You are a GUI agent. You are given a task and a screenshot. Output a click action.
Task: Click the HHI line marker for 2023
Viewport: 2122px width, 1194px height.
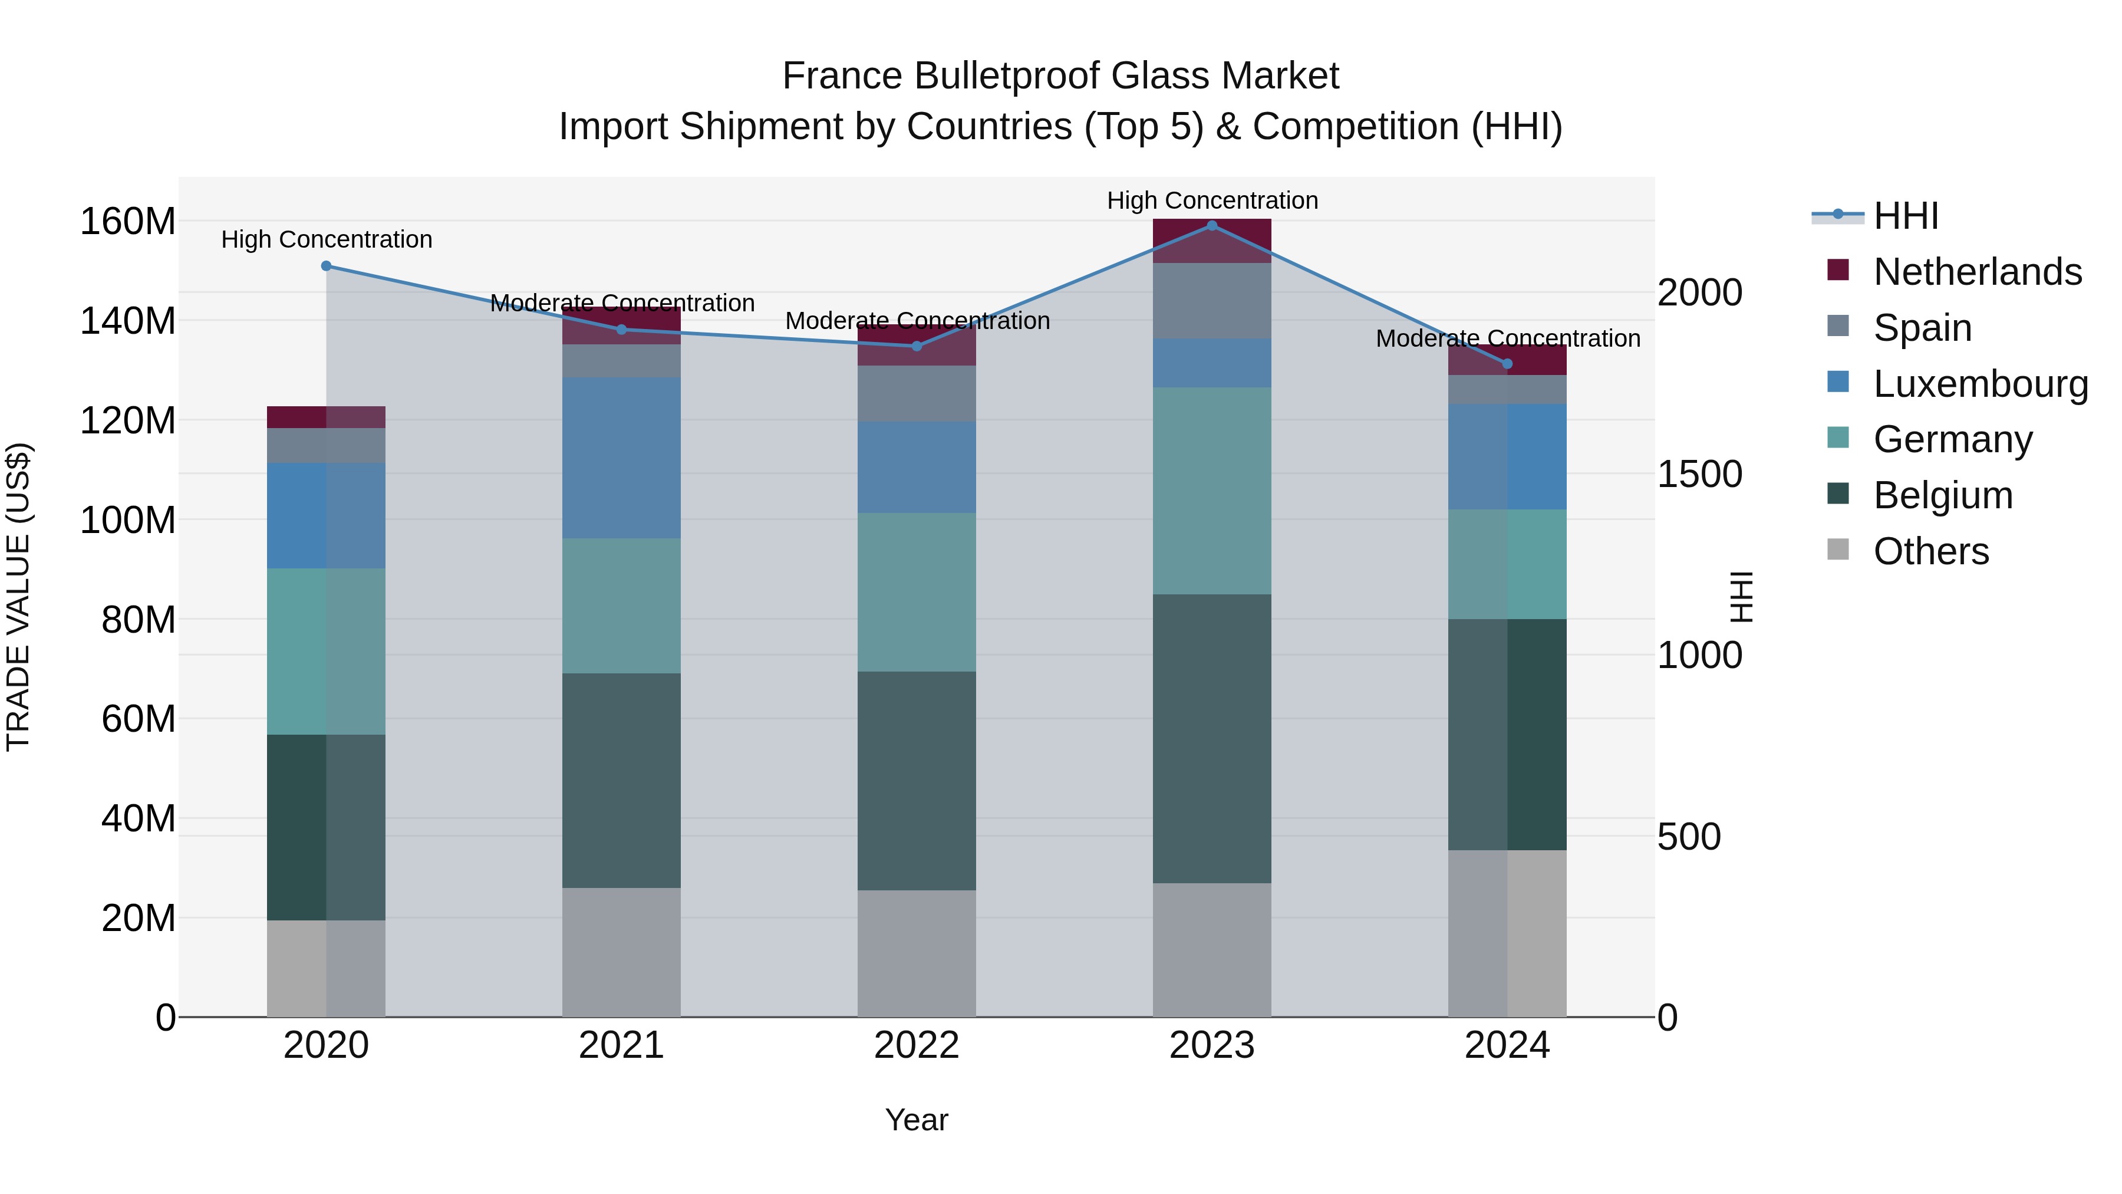click(x=1212, y=225)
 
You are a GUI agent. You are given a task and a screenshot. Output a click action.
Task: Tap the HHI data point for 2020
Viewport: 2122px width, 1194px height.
click(x=326, y=266)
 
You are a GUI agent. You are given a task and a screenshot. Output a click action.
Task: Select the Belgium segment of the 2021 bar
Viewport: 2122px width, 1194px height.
click(x=621, y=779)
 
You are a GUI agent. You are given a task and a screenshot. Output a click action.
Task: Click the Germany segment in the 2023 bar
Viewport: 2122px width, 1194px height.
click(x=1212, y=491)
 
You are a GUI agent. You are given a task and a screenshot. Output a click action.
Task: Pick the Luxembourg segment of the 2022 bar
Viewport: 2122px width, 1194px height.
click(x=916, y=467)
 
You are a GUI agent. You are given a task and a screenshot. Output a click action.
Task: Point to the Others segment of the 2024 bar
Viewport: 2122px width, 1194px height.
click(x=1507, y=933)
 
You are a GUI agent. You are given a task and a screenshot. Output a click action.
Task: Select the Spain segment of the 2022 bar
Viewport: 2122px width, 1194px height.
click(x=916, y=393)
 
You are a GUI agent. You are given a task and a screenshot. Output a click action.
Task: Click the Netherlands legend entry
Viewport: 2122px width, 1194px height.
click(x=1977, y=272)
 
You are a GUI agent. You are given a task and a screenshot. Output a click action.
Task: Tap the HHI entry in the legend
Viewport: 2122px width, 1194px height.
click(x=1905, y=216)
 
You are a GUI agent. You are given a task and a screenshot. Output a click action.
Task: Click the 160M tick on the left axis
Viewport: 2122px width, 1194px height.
click(x=128, y=222)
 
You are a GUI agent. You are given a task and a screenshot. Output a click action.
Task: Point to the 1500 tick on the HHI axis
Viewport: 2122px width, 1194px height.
click(x=1699, y=475)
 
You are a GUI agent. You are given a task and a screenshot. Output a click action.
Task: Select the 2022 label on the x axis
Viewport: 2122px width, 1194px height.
click(x=916, y=1045)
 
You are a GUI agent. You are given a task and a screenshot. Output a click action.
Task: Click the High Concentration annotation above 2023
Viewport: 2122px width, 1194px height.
click(x=1212, y=200)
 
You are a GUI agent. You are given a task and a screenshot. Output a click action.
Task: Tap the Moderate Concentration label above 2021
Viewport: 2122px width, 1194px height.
click(x=622, y=303)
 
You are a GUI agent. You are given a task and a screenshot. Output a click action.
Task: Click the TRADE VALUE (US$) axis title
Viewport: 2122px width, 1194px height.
click(x=18, y=597)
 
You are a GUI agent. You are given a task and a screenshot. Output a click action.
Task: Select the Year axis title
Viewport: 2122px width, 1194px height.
click(x=916, y=1120)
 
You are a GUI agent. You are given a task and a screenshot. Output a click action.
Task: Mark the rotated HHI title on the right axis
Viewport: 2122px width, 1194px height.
click(x=1741, y=597)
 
